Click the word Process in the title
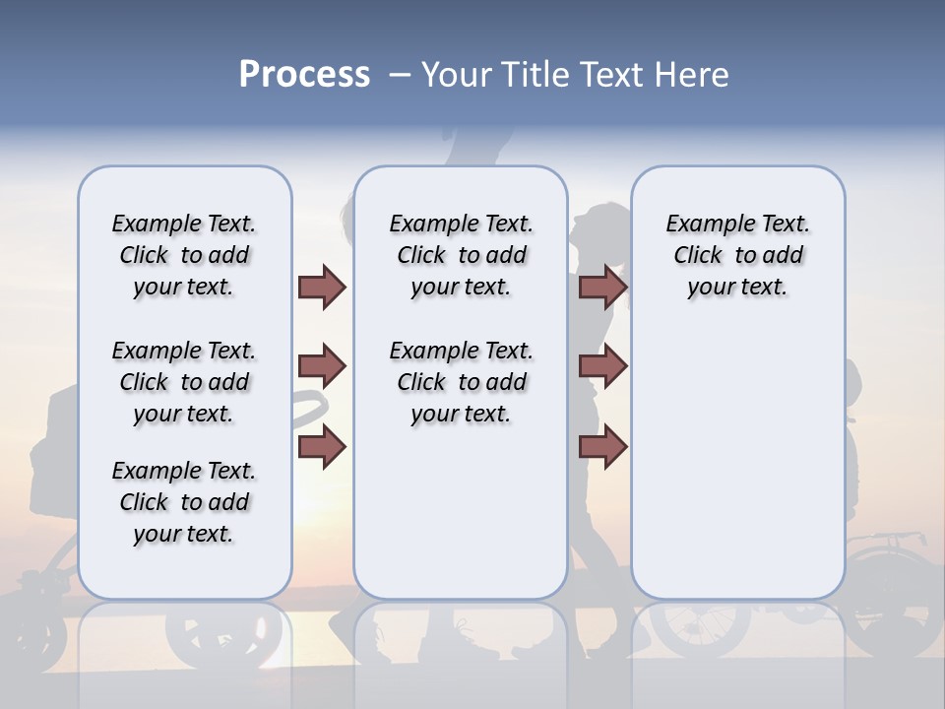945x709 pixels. click(x=304, y=75)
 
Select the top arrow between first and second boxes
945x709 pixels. click(x=322, y=287)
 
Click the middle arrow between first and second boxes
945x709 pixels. click(x=322, y=367)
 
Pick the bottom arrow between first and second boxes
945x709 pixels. click(x=322, y=447)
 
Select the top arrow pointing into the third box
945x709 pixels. click(x=603, y=287)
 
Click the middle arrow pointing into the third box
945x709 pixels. click(x=603, y=367)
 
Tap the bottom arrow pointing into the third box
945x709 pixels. click(x=603, y=447)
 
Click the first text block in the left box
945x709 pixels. click(x=184, y=255)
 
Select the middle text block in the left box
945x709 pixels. click(x=184, y=382)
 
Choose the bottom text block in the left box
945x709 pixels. click(x=184, y=502)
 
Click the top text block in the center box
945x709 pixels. click(x=461, y=255)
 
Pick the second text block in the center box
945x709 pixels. click(x=461, y=382)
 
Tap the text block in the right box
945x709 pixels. click(x=738, y=255)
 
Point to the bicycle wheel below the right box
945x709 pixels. click(x=701, y=630)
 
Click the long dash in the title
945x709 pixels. click(x=400, y=75)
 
